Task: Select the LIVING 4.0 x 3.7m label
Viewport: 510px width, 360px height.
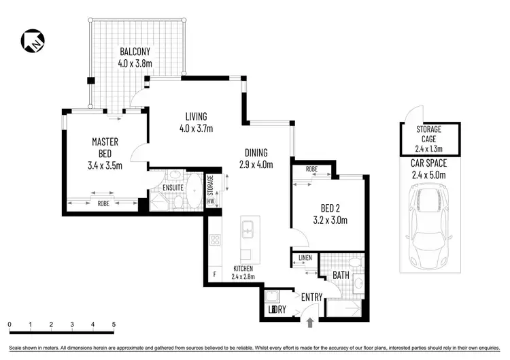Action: [193, 122]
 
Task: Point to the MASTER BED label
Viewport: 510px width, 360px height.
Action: [105, 153]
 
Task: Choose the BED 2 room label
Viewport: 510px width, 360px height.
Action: [334, 214]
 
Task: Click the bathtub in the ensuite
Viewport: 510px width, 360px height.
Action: [194, 192]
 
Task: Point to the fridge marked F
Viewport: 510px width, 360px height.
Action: [215, 274]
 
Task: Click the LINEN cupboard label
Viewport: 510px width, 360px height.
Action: [303, 258]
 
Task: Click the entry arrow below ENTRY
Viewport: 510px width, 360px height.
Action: [310, 322]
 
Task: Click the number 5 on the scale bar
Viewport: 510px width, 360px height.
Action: [113, 324]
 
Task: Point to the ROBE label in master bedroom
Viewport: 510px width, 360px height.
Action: [103, 202]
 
